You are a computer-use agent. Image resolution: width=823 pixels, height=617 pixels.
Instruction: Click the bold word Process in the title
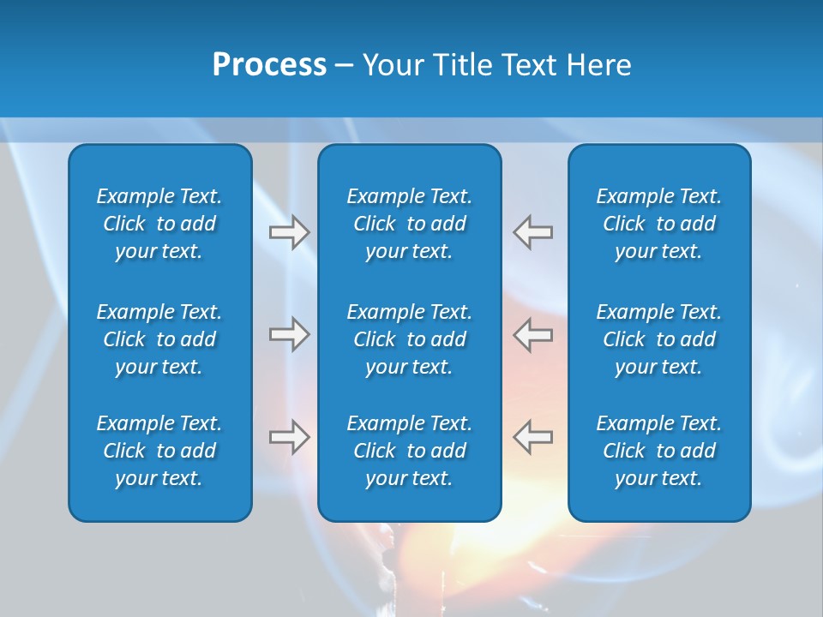click(x=269, y=65)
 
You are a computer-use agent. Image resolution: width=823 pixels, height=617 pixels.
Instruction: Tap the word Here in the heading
click(x=598, y=65)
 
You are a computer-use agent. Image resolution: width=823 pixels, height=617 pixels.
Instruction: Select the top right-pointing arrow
click(x=290, y=232)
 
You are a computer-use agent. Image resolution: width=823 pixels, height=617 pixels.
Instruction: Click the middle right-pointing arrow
click(x=290, y=334)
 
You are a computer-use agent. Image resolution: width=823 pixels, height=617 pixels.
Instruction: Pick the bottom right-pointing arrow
click(x=290, y=437)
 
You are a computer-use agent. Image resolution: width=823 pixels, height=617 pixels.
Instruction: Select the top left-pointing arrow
click(x=532, y=232)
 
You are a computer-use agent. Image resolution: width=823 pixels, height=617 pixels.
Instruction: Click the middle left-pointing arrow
click(x=532, y=334)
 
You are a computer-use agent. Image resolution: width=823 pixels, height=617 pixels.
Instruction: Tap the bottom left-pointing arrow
click(x=532, y=437)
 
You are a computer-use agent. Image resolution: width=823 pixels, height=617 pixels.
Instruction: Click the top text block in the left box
click(x=159, y=224)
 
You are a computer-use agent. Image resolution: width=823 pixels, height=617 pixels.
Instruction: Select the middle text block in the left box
click(x=159, y=339)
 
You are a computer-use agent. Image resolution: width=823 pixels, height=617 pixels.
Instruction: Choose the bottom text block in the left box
click(x=159, y=451)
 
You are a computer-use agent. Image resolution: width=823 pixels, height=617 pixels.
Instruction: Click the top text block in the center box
click(x=409, y=224)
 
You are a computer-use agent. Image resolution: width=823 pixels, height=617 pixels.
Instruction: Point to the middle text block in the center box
click(x=409, y=339)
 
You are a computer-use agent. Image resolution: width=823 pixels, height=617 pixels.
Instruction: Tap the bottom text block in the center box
click(x=409, y=451)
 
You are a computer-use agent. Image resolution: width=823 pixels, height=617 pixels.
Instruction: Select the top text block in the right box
click(x=658, y=224)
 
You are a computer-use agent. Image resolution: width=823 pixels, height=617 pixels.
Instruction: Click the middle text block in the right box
click(x=658, y=339)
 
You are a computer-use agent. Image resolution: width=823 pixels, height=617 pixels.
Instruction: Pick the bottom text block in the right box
click(x=658, y=451)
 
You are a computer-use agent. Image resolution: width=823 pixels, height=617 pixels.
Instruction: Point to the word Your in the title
click(x=392, y=65)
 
